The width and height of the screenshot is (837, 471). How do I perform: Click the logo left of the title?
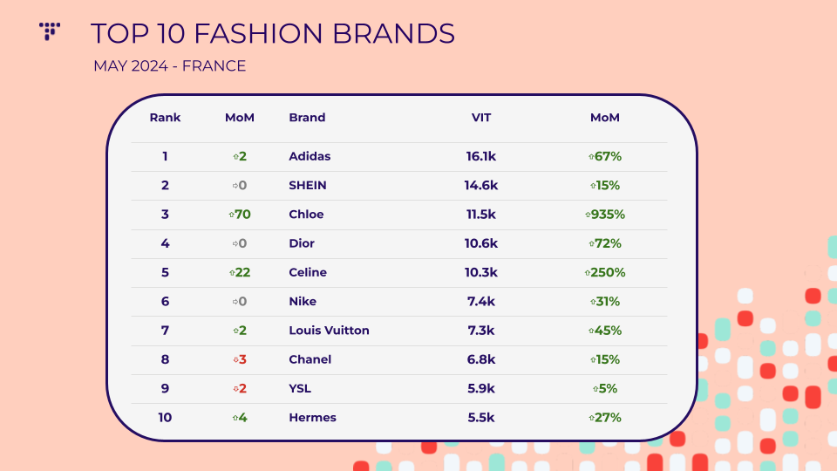50,31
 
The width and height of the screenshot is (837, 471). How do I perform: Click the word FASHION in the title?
258,33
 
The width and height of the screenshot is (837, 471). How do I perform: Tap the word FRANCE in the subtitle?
214,65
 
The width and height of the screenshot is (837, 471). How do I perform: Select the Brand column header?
307,118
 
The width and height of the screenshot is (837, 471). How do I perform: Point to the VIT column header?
481,118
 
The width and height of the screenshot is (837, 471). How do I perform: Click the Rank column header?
165,118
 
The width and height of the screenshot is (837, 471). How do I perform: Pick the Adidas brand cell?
310,156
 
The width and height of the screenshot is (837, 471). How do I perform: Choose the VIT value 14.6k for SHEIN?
481,185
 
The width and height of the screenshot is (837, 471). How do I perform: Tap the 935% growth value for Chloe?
605,215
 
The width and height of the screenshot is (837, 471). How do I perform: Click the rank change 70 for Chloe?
240,215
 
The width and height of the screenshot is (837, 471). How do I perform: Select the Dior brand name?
302,243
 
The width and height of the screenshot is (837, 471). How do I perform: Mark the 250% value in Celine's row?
605,272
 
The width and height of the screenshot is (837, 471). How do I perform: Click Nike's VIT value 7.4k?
481,301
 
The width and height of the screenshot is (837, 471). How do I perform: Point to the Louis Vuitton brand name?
329,331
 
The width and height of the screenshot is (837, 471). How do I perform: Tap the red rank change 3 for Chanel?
240,359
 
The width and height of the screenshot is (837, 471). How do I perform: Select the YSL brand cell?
300,388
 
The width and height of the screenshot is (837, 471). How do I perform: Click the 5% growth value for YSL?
605,388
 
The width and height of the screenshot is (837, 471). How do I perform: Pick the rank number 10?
165,418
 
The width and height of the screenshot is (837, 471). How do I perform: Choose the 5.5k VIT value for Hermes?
481,418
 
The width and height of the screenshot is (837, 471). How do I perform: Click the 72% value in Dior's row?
605,243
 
